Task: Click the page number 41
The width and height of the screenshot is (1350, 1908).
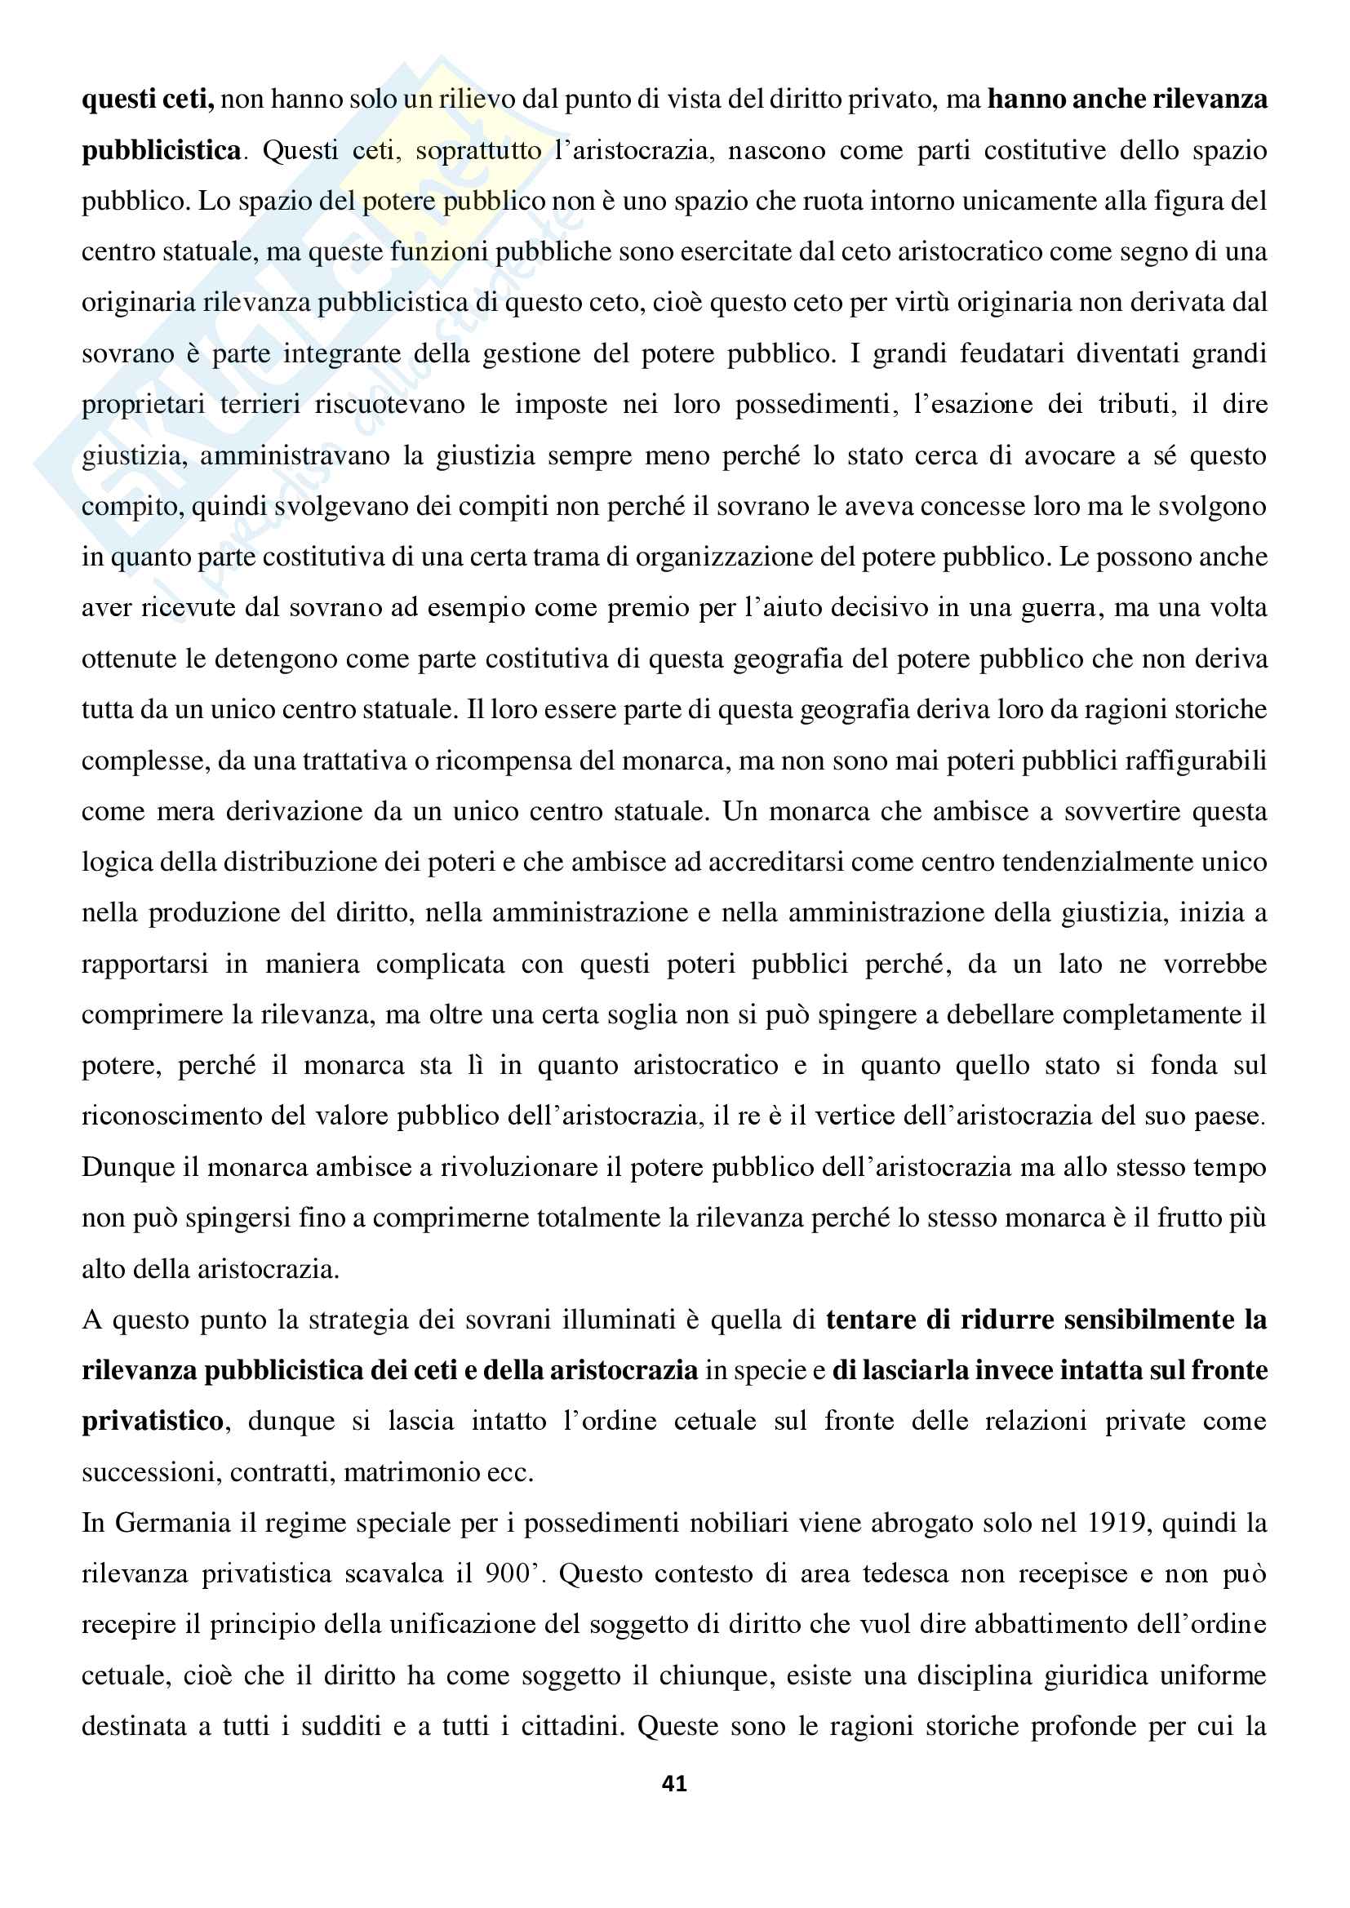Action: tap(674, 1784)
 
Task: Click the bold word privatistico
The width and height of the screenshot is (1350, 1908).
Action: tap(153, 1422)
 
